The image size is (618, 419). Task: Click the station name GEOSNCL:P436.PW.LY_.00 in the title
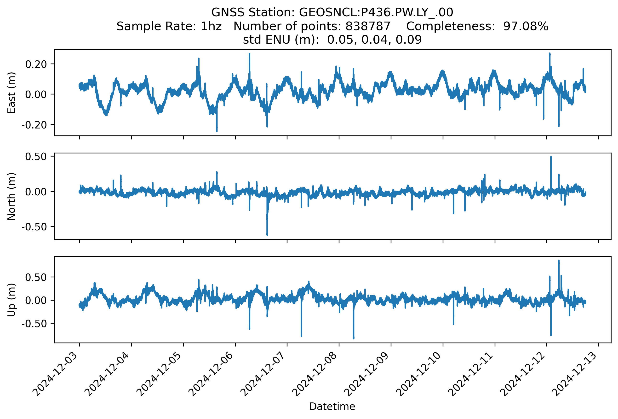[376, 12]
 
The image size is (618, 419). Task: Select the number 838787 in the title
[368, 26]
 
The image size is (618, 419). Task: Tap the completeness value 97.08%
[526, 26]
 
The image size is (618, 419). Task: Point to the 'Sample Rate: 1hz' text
[169, 26]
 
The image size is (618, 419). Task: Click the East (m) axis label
[11, 93]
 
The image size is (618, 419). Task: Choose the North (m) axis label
[11, 196]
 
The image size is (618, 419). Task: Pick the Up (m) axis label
[11, 300]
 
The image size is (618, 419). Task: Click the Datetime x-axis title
[332, 407]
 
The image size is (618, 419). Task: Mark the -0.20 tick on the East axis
[34, 125]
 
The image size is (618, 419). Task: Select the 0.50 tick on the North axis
[36, 157]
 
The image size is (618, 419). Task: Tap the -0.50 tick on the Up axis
[34, 324]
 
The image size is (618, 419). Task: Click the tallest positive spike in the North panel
[551, 157]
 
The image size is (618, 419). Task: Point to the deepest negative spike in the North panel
[267, 235]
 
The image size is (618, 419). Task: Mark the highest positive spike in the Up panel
[559, 261]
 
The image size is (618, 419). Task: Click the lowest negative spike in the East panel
[217, 131]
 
